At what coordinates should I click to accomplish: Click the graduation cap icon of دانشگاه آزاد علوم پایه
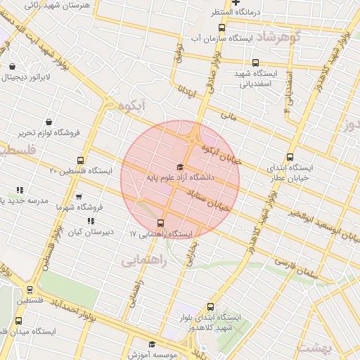pos(180,167)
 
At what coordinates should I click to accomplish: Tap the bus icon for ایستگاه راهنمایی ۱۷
pos(161,223)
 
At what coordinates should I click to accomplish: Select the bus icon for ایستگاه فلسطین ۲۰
pos(80,160)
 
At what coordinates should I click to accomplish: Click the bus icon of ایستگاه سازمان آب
pos(222,27)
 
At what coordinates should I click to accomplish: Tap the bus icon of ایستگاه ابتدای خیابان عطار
pos(290,157)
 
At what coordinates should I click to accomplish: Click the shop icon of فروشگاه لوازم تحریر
pos(48,122)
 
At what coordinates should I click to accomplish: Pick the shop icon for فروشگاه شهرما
pos(78,197)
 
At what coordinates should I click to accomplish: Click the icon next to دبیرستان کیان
pos(91,221)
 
